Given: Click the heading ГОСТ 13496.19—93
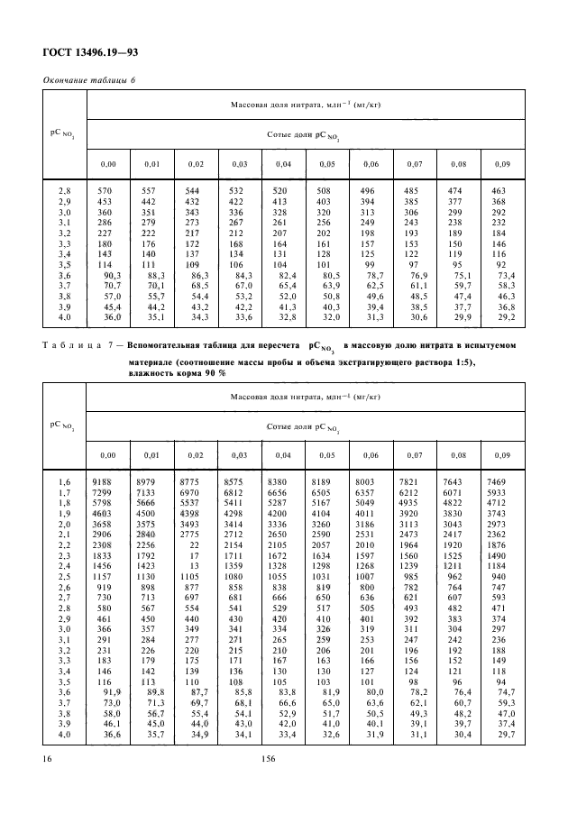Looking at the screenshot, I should coord(89,53).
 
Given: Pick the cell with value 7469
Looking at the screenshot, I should coord(498,482).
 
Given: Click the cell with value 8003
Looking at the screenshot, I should coord(365,482).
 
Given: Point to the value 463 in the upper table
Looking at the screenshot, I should coord(498,190).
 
